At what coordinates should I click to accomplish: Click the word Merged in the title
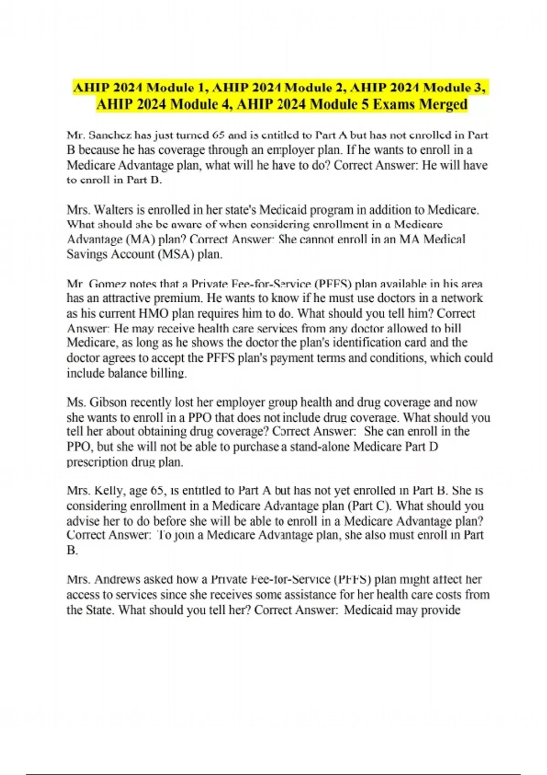[x=443, y=104]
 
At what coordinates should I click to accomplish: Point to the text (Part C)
[x=370, y=506]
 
